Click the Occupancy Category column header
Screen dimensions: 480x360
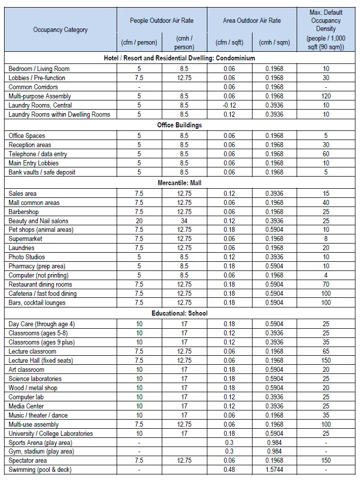click(x=60, y=29)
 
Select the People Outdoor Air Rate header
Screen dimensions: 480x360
click(x=162, y=21)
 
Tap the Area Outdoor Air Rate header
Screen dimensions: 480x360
click(x=251, y=21)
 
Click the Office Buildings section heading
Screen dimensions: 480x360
click(x=179, y=125)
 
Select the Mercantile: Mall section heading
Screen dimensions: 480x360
click(x=179, y=183)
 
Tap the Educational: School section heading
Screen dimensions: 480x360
click(x=179, y=313)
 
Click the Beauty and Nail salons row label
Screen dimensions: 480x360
click(x=39, y=221)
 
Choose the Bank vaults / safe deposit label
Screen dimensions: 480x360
click(x=42, y=172)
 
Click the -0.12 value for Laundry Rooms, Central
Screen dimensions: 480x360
click(x=229, y=105)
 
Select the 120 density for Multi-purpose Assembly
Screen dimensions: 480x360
click(x=326, y=96)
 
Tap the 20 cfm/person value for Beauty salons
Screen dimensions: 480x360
click(x=139, y=221)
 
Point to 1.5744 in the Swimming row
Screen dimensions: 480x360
click(x=274, y=470)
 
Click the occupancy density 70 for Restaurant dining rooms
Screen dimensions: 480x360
click(x=326, y=284)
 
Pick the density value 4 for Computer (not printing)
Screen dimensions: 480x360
click(x=326, y=275)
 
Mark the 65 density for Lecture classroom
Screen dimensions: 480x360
click(x=326, y=351)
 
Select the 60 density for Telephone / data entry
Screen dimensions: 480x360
click(x=326, y=154)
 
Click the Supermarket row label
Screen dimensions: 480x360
click(x=25, y=238)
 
